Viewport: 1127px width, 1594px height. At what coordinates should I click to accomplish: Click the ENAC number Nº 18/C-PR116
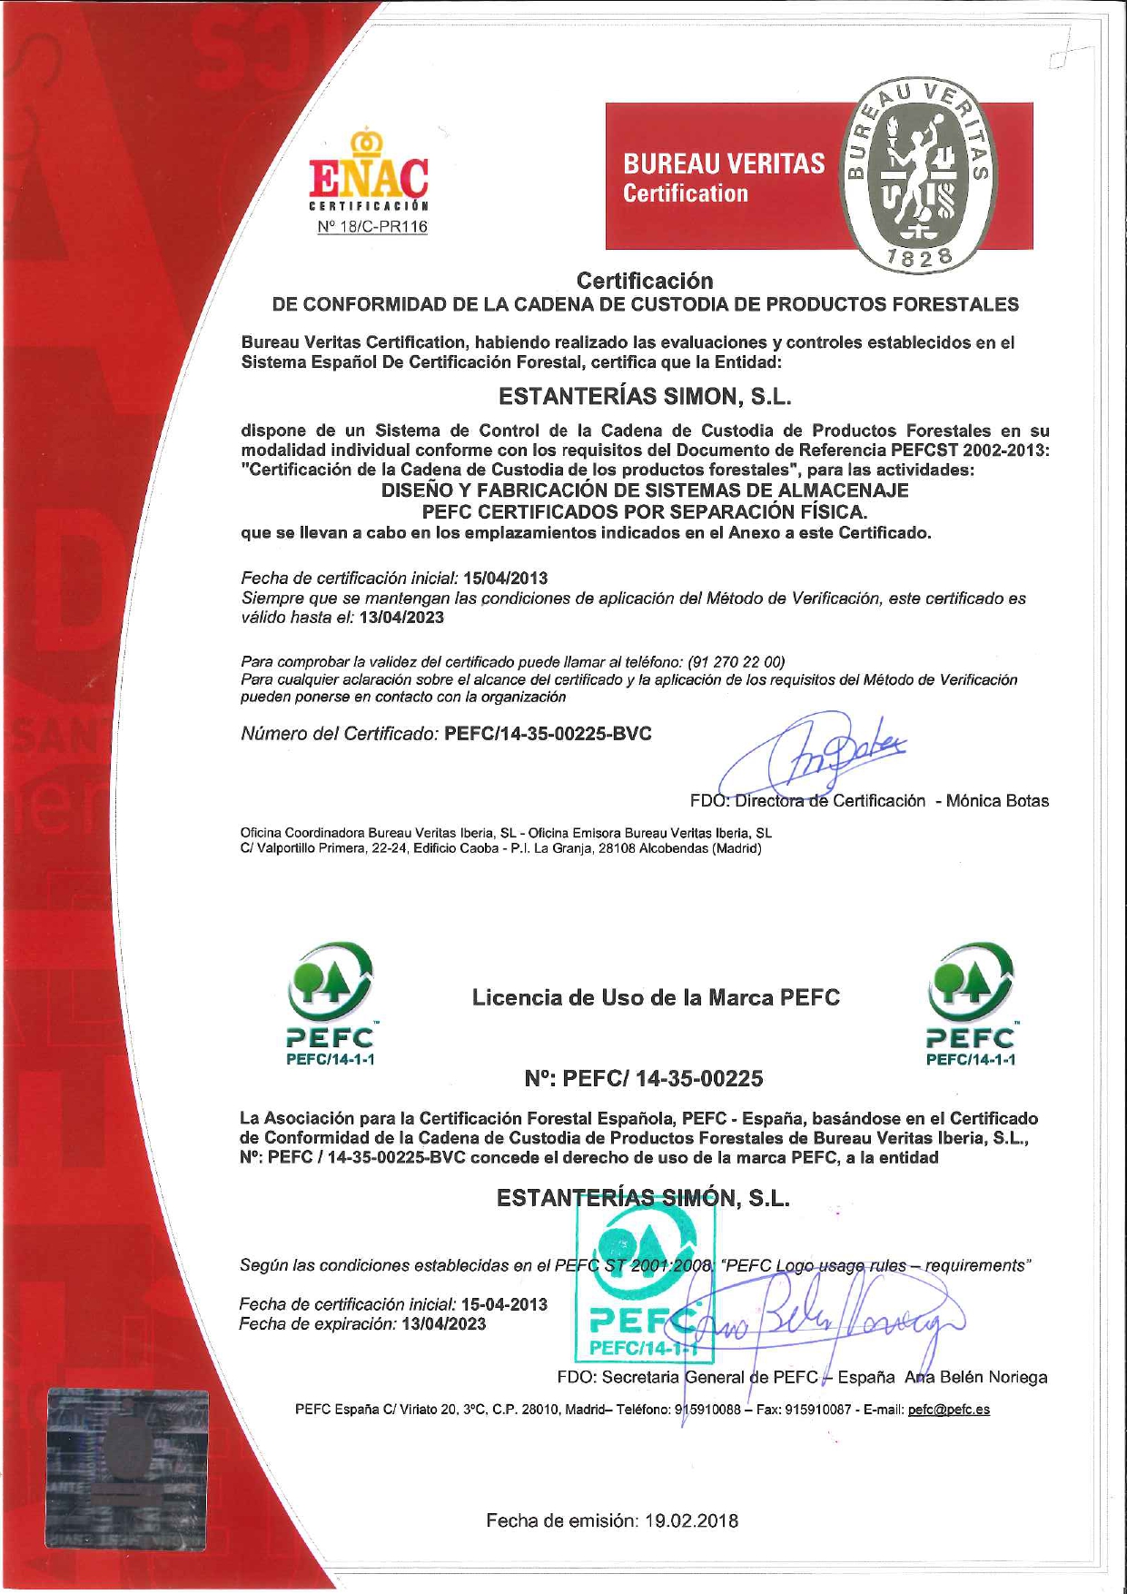372,227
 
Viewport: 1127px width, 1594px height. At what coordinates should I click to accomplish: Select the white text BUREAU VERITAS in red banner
723,163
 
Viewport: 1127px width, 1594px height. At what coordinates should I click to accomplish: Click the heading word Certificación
645,281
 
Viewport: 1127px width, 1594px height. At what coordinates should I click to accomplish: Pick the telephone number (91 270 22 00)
737,661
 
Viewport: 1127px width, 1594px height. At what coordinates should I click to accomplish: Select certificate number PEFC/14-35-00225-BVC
548,734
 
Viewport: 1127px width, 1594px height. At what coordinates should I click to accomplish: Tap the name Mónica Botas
997,801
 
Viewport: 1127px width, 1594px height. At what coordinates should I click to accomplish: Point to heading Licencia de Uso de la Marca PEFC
656,997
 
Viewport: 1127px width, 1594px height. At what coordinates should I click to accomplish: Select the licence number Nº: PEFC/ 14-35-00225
644,1078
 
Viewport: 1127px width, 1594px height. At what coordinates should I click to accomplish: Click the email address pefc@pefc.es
948,1410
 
